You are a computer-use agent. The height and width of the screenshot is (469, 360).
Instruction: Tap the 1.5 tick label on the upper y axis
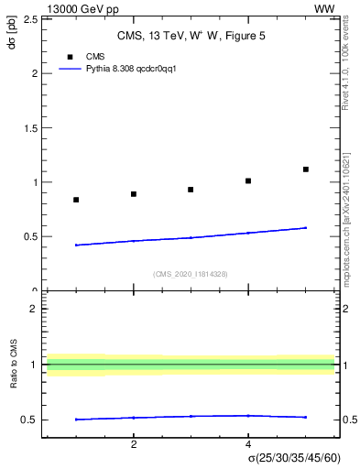pyautogui.click(x=30, y=127)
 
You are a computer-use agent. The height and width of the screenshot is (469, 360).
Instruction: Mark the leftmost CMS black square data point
pyautogui.click(x=76, y=200)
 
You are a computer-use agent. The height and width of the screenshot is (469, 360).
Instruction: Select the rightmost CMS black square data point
pyautogui.click(x=306, y=169)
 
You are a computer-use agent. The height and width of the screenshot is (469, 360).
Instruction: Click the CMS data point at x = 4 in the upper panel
pyautogui.click(x=248, y=180)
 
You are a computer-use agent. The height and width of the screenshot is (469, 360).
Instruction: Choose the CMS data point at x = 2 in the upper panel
pyautogui.click(x=134, y=194)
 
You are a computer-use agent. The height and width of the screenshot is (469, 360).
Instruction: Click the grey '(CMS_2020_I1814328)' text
pyautogui.click(x=191, y=274)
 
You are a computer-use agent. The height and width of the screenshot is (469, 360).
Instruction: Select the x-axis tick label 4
pyautogui.click(x=248, y=444)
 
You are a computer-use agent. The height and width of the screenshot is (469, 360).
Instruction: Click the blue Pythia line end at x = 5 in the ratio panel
pyautogui.click(x=306, y=417)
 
